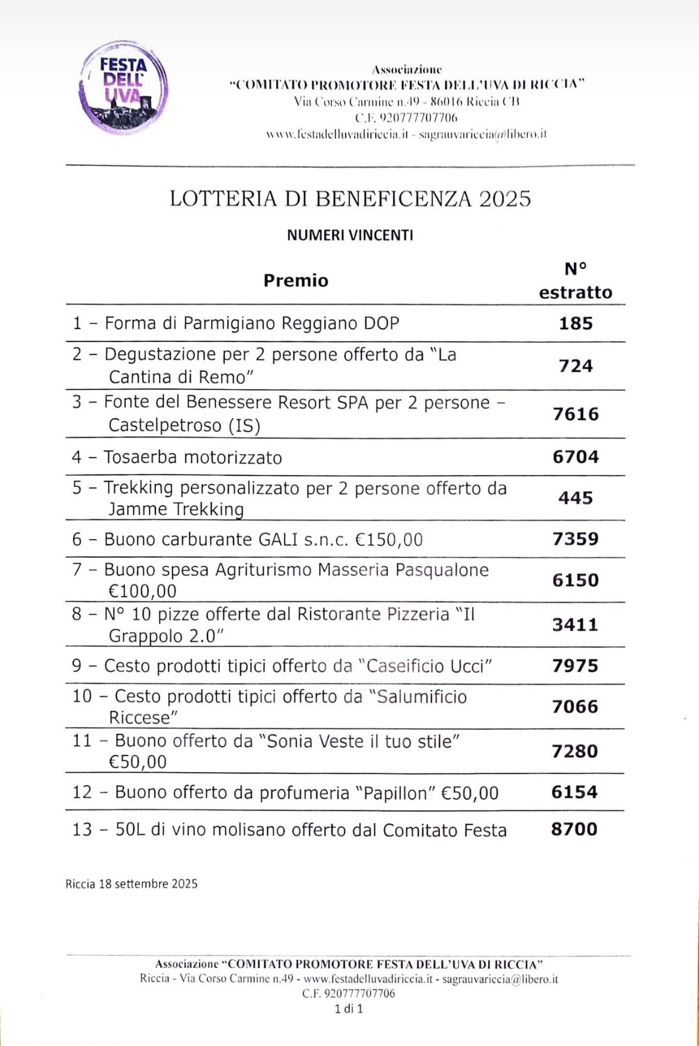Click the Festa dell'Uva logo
point(123,87)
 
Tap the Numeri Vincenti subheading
point(350,235)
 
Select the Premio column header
point(296,280)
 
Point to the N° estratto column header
point(575,281)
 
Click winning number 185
point(576,324)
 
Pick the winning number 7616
point(576,414)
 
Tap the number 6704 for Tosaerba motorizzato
point(576,457)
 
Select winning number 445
point(576,498)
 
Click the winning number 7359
point(576,539)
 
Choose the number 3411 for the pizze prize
point(575,624)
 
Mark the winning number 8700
point(574,829)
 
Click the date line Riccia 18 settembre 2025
point(132,884)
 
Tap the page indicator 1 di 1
point(349,1009)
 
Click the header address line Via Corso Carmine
point(407,101)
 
